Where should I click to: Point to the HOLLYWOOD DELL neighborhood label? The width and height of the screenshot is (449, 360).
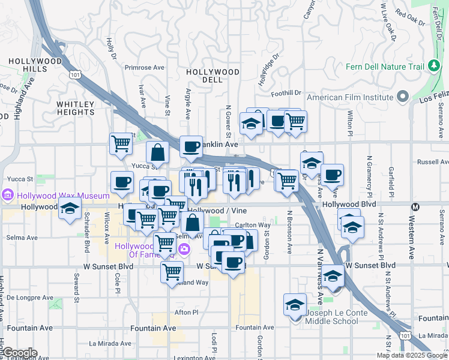pyautogui.click(x=212, y=76)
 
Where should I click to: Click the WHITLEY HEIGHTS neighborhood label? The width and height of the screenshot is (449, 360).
pyautogui.click(x=76, y=108)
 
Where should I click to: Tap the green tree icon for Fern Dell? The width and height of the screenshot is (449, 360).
pyautogui.click(x=433, y=66)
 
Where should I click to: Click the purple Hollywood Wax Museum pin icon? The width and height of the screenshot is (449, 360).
pyautogui.click(x=8, y=196)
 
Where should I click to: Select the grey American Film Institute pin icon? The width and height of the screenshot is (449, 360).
pyautogui.click(x=402, y=97)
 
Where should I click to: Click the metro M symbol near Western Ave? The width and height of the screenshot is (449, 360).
pyautogui.click(x=414, y=206)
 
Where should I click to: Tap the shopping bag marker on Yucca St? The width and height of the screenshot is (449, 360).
pyautogui.click(x=157, y=152)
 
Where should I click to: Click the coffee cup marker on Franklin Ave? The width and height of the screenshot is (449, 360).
pyautogui.click(x=191, y=146)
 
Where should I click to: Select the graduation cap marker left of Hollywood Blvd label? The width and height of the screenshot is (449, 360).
pyautogui.click(x=70, y=209)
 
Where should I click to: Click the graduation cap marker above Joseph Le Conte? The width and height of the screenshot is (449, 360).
pyautogui.click(x=295, y=305)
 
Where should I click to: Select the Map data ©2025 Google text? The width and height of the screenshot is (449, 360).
pyautogui.click(x=411, y=355)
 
